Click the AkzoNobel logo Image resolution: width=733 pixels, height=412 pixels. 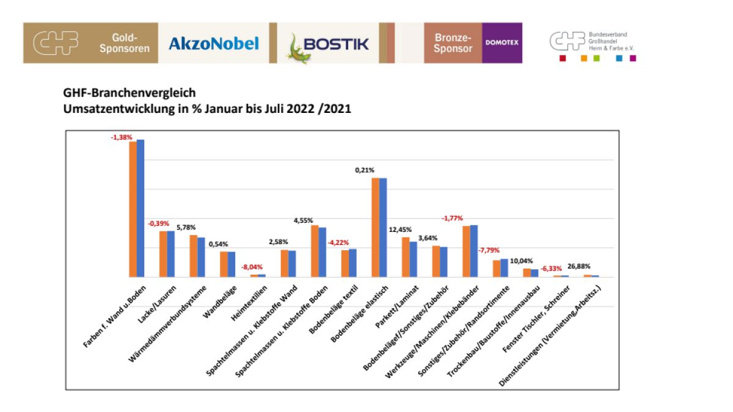point(213,43)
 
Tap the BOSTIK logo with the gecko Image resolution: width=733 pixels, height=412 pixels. point(329,43)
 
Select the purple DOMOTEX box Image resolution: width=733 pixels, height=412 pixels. point(502,43)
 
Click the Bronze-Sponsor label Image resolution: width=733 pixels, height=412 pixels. point(453,43)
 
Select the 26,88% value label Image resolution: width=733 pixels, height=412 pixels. point(579,267)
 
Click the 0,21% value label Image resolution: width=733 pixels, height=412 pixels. point(365,170)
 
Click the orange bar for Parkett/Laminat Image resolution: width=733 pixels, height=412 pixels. point(406,257)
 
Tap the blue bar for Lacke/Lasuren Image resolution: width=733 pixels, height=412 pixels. point(171,254)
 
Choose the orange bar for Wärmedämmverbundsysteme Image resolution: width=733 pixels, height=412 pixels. point(193,256)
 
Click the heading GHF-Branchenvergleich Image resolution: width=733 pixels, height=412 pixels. point(129,93)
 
